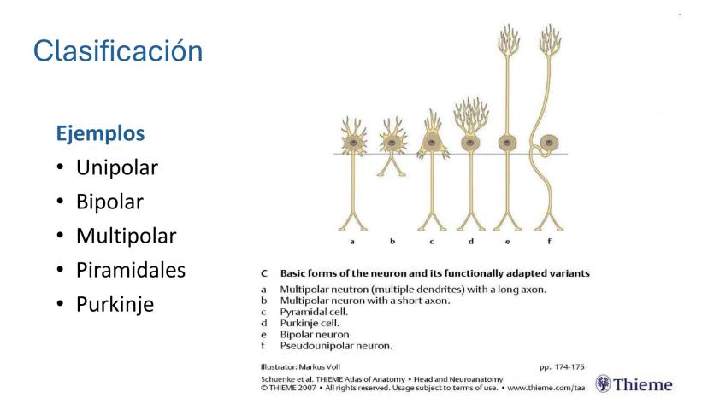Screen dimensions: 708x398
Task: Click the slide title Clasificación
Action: pos(118,50)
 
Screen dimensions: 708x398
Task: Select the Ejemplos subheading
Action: pos(100,134)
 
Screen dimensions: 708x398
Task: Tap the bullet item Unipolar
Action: pos(117,167)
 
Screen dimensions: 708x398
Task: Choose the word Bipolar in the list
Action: pos(109,202)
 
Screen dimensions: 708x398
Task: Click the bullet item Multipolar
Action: pos(126,236)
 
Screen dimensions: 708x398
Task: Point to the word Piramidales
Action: pos(131,270)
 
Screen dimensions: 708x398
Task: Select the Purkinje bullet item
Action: pos(115,304)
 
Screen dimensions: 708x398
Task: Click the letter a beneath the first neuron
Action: pos(352,242)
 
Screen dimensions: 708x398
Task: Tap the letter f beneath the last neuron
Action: pos(550,241)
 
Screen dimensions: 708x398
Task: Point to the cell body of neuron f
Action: pos(549,143)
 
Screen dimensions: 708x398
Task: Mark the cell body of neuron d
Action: pos(470,143)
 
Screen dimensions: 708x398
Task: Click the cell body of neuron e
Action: pos(508,143)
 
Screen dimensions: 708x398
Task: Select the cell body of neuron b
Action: pos(392,143)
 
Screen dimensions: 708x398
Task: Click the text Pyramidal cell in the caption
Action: pos(314,312)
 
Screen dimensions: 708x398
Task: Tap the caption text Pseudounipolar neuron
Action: pos(336,346)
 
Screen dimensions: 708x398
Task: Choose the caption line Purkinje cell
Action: pos(310,323)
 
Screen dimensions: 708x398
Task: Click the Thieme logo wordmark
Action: pos(643,384)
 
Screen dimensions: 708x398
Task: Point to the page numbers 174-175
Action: pos(569,367)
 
